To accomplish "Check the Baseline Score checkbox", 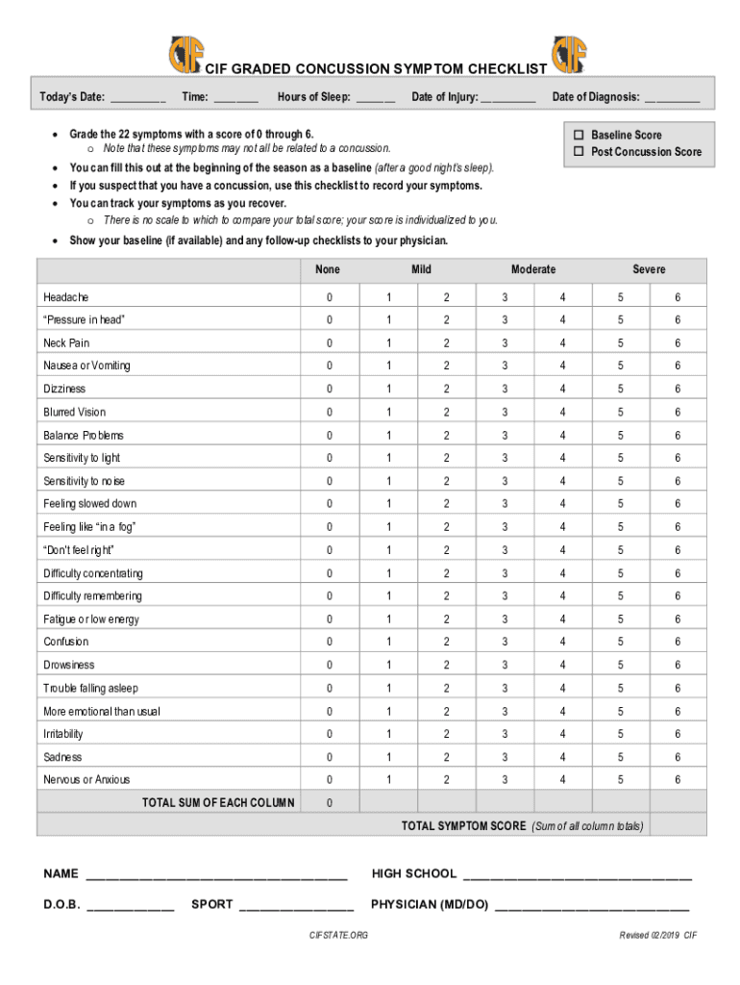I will [580, 135].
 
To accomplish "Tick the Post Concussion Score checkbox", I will [580, 152].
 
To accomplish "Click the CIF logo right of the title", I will [569, 55].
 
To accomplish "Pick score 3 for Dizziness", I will [505, 390].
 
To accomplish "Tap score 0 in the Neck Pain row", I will [329, 343].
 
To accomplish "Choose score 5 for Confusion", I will [620, 642].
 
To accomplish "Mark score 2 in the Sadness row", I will [446, 757].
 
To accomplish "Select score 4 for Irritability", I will [563, 734].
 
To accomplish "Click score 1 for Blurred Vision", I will [389, 413].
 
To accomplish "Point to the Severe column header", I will [649, 269].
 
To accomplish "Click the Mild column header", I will [421, 269].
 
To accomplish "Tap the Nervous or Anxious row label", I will [86, 779].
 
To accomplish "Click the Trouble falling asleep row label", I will [90, 688].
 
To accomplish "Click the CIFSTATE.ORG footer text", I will [338, 935].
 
